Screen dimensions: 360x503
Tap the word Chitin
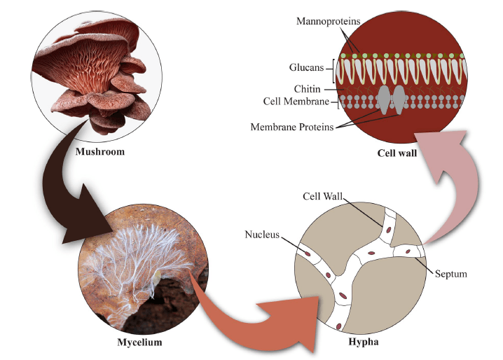pyautogui.click(x=308, y=89)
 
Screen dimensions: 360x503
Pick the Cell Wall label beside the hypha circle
pyautogui.click(x=322, y=196)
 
